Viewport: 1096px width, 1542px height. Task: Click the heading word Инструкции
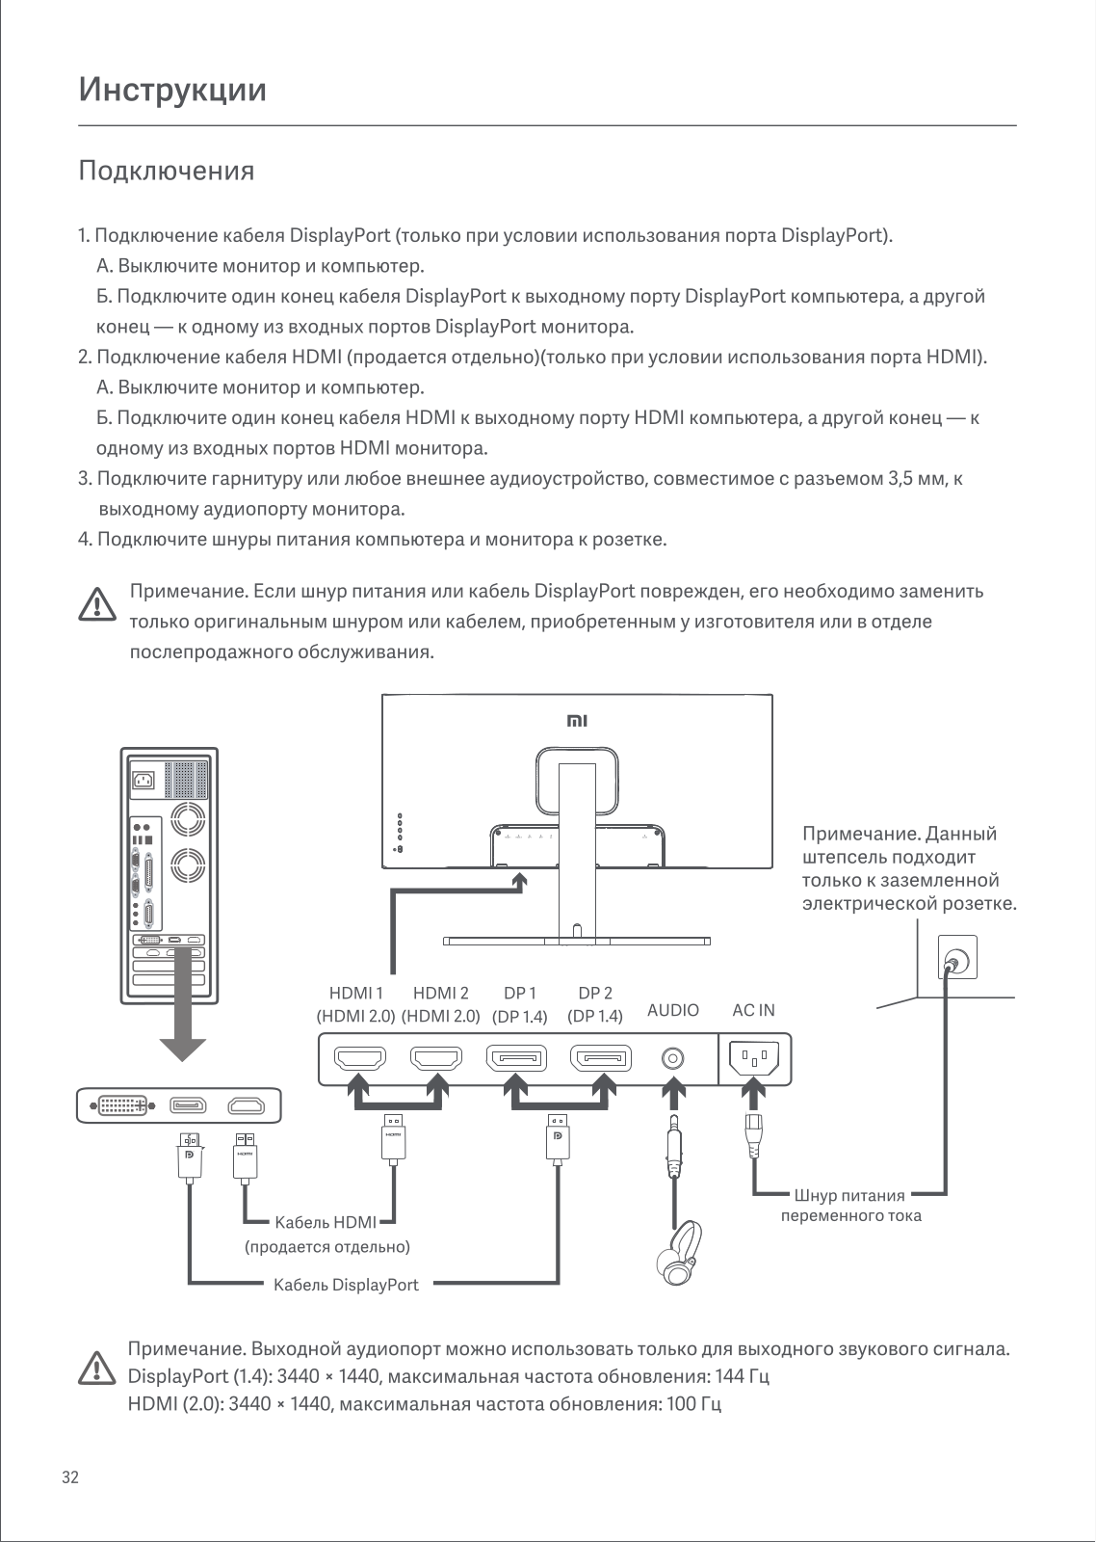(x=172, y=91)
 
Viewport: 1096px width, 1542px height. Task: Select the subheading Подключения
(x=167, y=171)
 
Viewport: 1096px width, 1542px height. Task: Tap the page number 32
(x=70, y=1477)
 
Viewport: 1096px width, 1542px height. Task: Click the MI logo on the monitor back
(x=577, y=721)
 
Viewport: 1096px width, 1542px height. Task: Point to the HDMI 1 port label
(x=355, y=993)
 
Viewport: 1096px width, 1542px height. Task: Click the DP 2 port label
(x=595, y=993)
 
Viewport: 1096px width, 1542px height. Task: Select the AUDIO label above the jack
(x=673, y=1010)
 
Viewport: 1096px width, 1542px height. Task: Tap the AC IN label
(x=753, y=1010)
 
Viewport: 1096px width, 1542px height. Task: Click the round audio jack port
(x=672, y=1058)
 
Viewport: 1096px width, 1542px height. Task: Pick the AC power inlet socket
(x=755, y=1057)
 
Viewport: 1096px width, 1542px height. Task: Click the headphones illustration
(x=680, y=1253)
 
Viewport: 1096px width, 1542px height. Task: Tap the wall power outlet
(x=957, y=957)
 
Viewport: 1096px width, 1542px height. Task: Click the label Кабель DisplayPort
(x=346, y=1286)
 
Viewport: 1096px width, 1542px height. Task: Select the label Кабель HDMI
(x=326, y=1222)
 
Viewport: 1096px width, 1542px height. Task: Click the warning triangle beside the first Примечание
(x=97, y=604)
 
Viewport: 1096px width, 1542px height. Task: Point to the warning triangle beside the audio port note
(x=97, y=1368)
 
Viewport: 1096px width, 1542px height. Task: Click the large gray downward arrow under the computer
(x=183, y=1005)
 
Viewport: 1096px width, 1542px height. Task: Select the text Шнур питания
(x=849, y=1195)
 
